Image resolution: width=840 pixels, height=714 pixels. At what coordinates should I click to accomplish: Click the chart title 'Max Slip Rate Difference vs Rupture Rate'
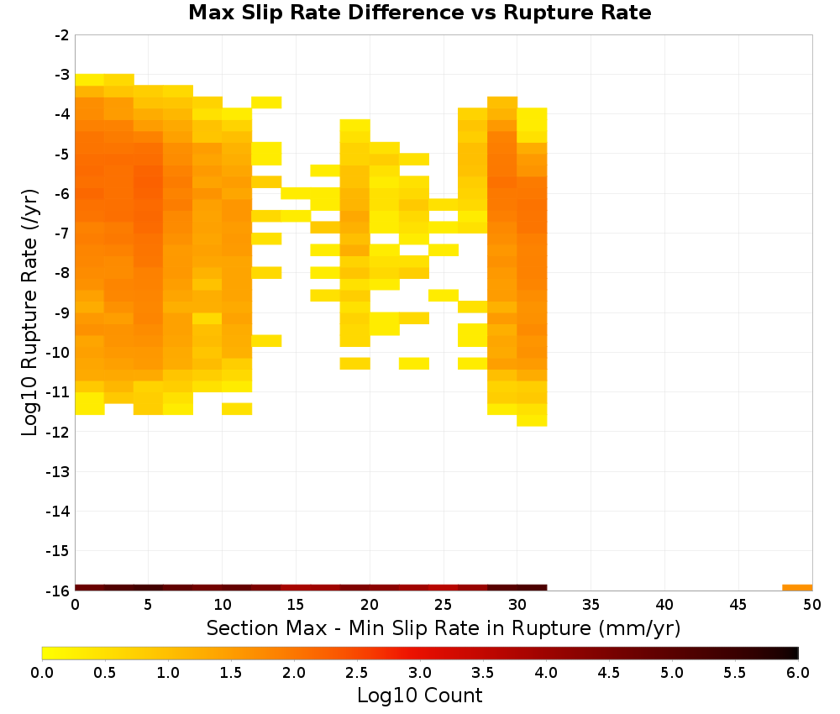coord(419,13)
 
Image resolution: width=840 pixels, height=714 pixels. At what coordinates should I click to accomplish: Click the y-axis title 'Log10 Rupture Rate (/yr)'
coord(29,312)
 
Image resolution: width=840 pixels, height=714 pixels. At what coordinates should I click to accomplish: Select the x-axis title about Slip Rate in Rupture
coord(444,628)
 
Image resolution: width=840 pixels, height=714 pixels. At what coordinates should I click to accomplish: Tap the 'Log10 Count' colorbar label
coord(419,696)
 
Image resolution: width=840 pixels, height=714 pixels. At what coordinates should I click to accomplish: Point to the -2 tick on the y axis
coord(62,35)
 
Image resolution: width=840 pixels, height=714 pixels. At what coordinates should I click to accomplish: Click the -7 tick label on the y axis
coord(62,234)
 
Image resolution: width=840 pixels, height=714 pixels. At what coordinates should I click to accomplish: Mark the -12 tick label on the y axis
coord(59,432)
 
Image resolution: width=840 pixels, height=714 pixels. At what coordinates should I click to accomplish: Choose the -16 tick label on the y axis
coord(59,591)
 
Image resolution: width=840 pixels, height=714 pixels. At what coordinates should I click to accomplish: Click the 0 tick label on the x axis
coord(75,605)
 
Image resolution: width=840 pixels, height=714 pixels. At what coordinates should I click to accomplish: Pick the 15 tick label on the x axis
coord(296,605)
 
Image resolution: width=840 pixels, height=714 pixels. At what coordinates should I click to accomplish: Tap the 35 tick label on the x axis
coord(591,605)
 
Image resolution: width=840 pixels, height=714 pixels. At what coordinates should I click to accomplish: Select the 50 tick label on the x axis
coord(812,605)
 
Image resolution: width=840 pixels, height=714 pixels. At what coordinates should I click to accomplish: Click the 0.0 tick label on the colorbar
coord(42,672)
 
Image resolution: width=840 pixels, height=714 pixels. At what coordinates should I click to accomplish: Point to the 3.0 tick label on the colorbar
coord(420,672)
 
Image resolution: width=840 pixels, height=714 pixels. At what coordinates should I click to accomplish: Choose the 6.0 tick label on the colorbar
coord(798,672)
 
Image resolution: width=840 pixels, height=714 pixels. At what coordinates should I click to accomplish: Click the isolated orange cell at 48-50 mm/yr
coord(797,588)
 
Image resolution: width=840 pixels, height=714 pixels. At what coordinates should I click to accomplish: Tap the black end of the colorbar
coord(794,653)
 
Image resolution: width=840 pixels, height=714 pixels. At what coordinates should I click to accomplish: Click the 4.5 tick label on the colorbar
coord(609,672)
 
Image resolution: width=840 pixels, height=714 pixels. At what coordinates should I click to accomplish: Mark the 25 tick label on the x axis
coord(443,605)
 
